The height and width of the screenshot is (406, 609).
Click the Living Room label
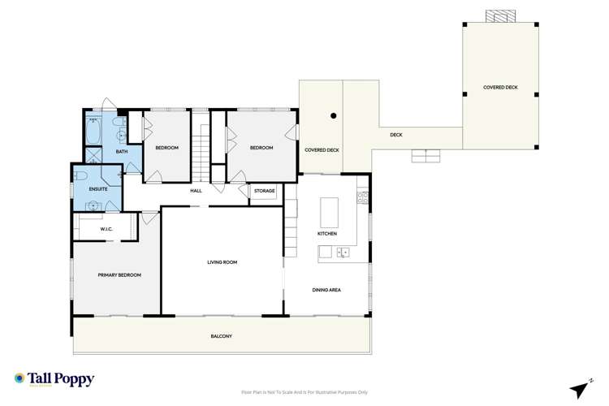pyautogui.click(x=221, y=262)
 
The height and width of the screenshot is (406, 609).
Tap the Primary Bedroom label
pyautogui.click(x=119, y=275)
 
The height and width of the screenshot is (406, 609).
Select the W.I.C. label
pyautogui.click(x=106, y=229)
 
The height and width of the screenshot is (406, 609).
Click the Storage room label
pyautogui.click(x=264, y=191)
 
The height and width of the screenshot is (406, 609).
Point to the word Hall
pyautogui.click(x=196, y=191)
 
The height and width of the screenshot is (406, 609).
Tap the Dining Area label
pyautogui.click(x=327, y=289)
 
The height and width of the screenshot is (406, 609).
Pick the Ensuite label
pyautogui.click(x=98, y=189)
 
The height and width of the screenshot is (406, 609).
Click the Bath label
pyautogui.click(x=122, y=152)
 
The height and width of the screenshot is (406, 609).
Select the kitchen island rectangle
pyautogui.click(x=328, y=212)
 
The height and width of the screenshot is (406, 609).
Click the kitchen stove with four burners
pyautogui.click(x=361, y=197)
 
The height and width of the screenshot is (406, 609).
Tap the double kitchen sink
pyautogui.click(x=343, y=253)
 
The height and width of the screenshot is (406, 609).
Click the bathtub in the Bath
pyautogui.click(x=93, y=130)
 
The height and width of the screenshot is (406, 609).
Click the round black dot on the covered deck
pyautogui.click(x=333, y=115)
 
